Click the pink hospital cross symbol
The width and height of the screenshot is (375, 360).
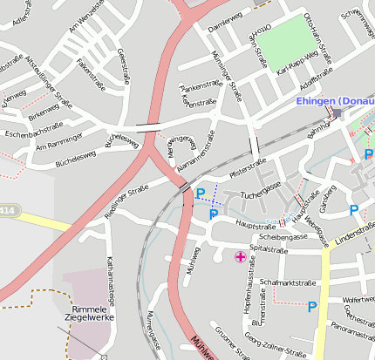[240, 256]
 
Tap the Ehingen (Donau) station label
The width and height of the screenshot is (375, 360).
[335, 101]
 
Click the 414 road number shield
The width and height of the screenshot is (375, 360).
[7, 210]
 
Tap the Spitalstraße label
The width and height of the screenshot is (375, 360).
[269, 249]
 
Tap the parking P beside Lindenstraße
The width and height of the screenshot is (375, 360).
[353, 210]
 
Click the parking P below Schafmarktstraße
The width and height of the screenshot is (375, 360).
[311, 306]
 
